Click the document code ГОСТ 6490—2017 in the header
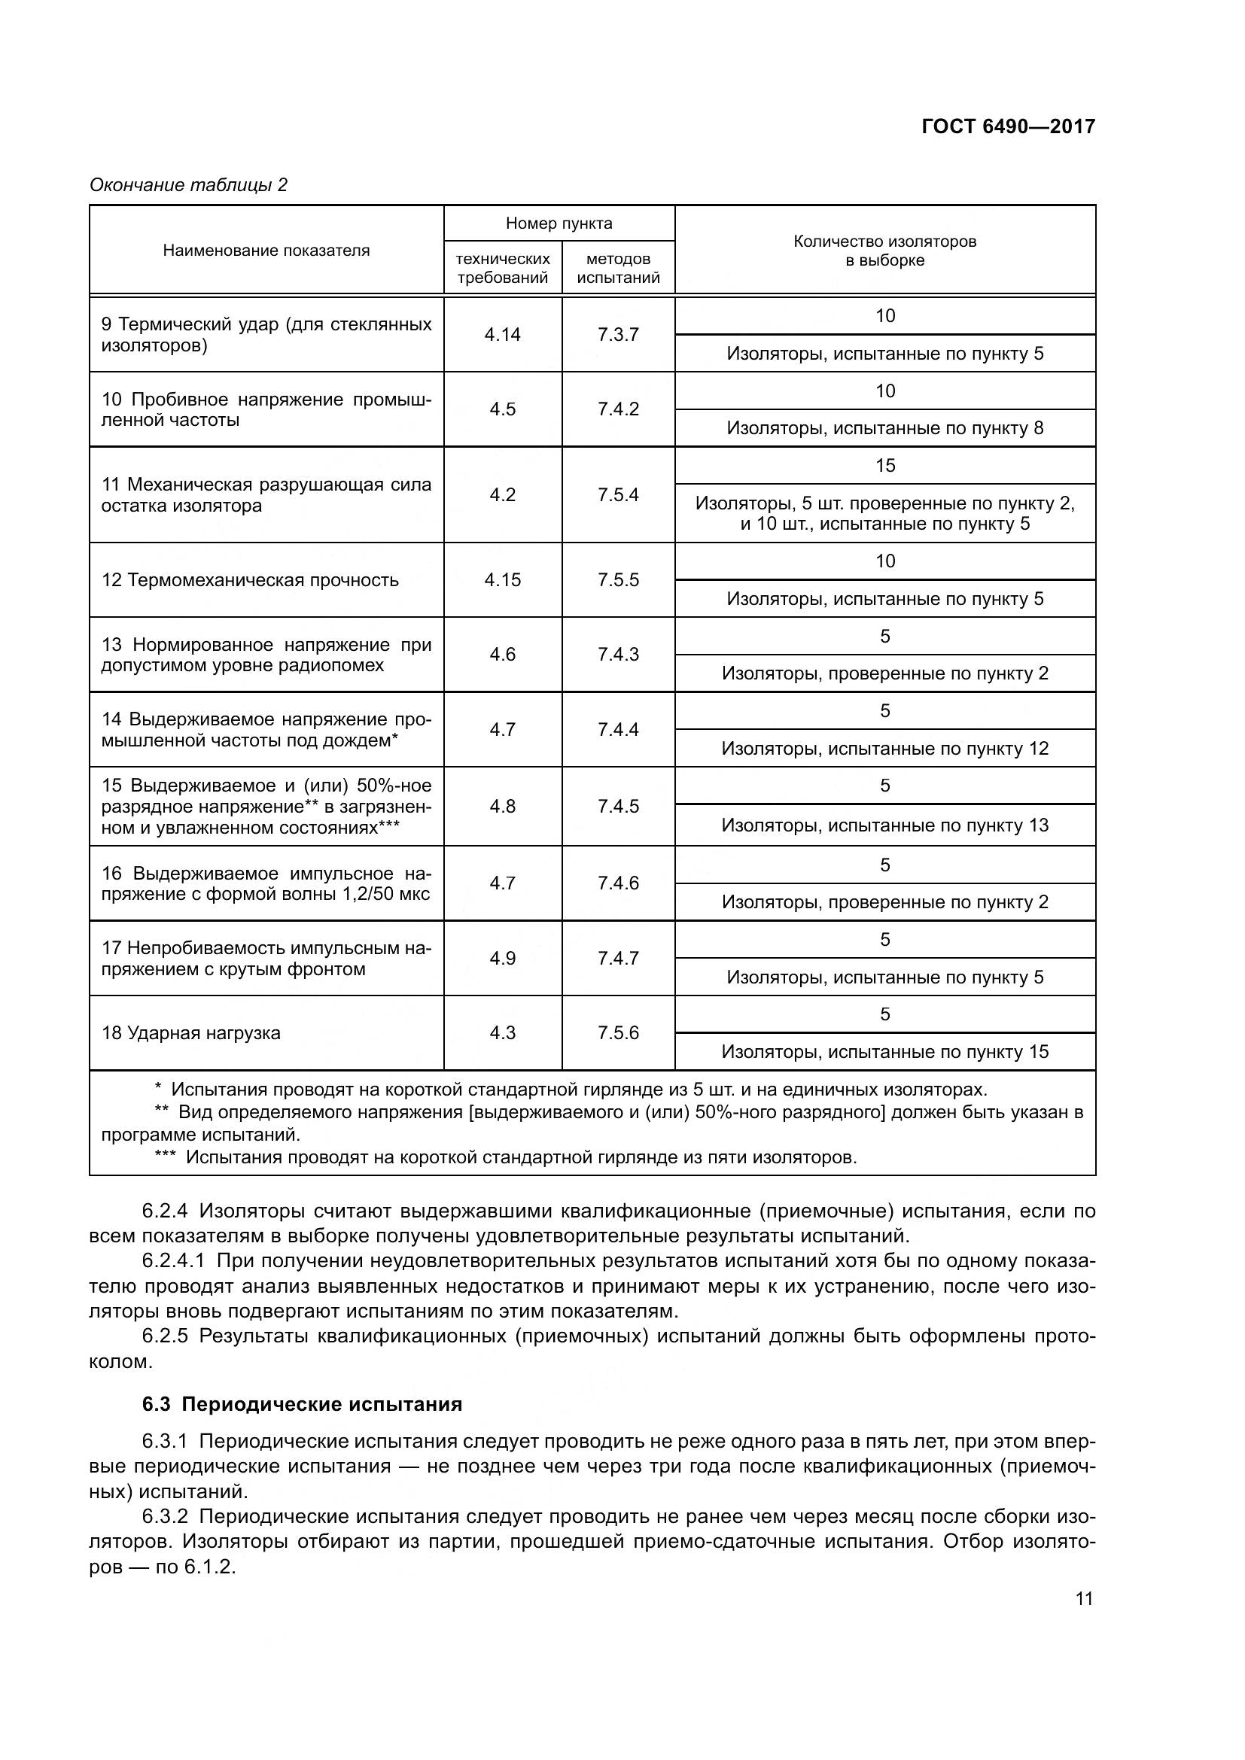coord(1007,126)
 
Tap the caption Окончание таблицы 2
coord(189,185)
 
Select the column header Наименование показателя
coord(266,251)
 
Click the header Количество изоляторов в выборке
coord(884,251)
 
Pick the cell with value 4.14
coord(502,334)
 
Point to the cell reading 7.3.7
coord(618,334)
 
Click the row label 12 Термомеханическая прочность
coord(250,580)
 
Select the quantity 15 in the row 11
coord(884,465)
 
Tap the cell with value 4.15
coord(502,580)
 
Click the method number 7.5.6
coord(618,1032)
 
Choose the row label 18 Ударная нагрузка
coord(191,1032)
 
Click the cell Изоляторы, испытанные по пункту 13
coord(884,825)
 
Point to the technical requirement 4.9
coord(502,958)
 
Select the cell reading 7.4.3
coord(618,655)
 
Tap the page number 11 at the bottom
coord(1083,1599)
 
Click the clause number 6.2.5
coord(165,1336)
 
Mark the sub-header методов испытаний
coord(618,269)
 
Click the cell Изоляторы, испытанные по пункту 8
coord(884,427)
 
